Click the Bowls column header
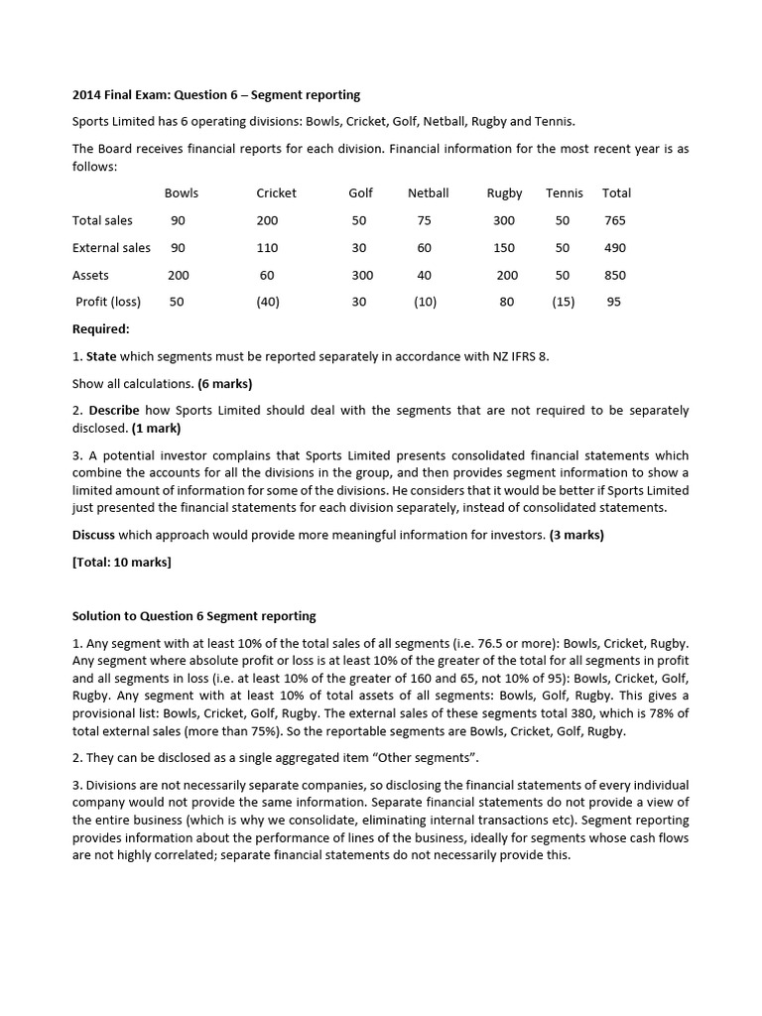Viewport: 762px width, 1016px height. pos(182,192)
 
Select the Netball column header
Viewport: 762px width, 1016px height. pos(428,192)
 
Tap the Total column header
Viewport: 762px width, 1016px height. pos(616,192)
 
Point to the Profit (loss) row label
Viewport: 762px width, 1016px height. pos(108,302)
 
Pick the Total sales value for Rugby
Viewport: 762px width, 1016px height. pos(504,220)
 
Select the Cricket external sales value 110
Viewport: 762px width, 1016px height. pos(267,248)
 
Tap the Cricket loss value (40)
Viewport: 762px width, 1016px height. pos(267,302)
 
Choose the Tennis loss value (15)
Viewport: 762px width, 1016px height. pos(563,302)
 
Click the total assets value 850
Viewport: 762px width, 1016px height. pos(615,275)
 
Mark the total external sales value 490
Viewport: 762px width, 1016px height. pos(615,248)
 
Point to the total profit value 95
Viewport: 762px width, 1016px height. pos(614,302)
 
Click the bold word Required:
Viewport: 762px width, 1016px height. pos(101,328)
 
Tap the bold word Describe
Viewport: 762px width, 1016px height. pos(113,410)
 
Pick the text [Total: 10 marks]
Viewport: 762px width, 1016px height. pos(121,562)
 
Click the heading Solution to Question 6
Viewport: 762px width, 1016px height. pos(193,616)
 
